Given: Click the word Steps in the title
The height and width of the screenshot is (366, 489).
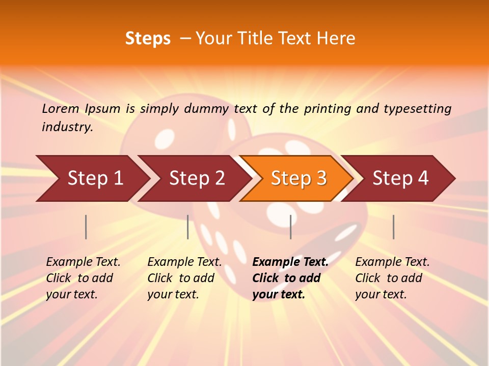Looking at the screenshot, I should point(148,39).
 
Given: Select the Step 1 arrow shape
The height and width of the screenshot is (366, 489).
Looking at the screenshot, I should point(95,178).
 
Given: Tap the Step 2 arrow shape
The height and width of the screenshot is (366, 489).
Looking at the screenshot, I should point(197,178).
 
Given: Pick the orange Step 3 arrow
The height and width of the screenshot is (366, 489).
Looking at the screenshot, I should point(298,178).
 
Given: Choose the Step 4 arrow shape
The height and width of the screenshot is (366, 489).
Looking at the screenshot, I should point(400,178).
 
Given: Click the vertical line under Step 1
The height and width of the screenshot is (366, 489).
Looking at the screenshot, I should point(86,227).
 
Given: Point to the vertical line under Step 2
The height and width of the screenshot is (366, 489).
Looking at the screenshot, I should point(188,227).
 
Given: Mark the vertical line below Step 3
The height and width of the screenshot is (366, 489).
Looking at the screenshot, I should point(290,227).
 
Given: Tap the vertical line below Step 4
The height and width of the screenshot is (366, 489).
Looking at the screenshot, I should point(393,227).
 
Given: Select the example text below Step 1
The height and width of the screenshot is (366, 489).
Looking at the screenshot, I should point(83,278).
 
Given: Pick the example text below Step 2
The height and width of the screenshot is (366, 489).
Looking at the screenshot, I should point(184,278).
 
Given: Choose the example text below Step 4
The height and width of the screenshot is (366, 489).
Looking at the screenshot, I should point(392,278).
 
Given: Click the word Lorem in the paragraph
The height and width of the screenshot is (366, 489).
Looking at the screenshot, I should point(61,108).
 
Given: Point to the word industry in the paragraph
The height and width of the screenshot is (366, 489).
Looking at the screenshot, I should point(67,127).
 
